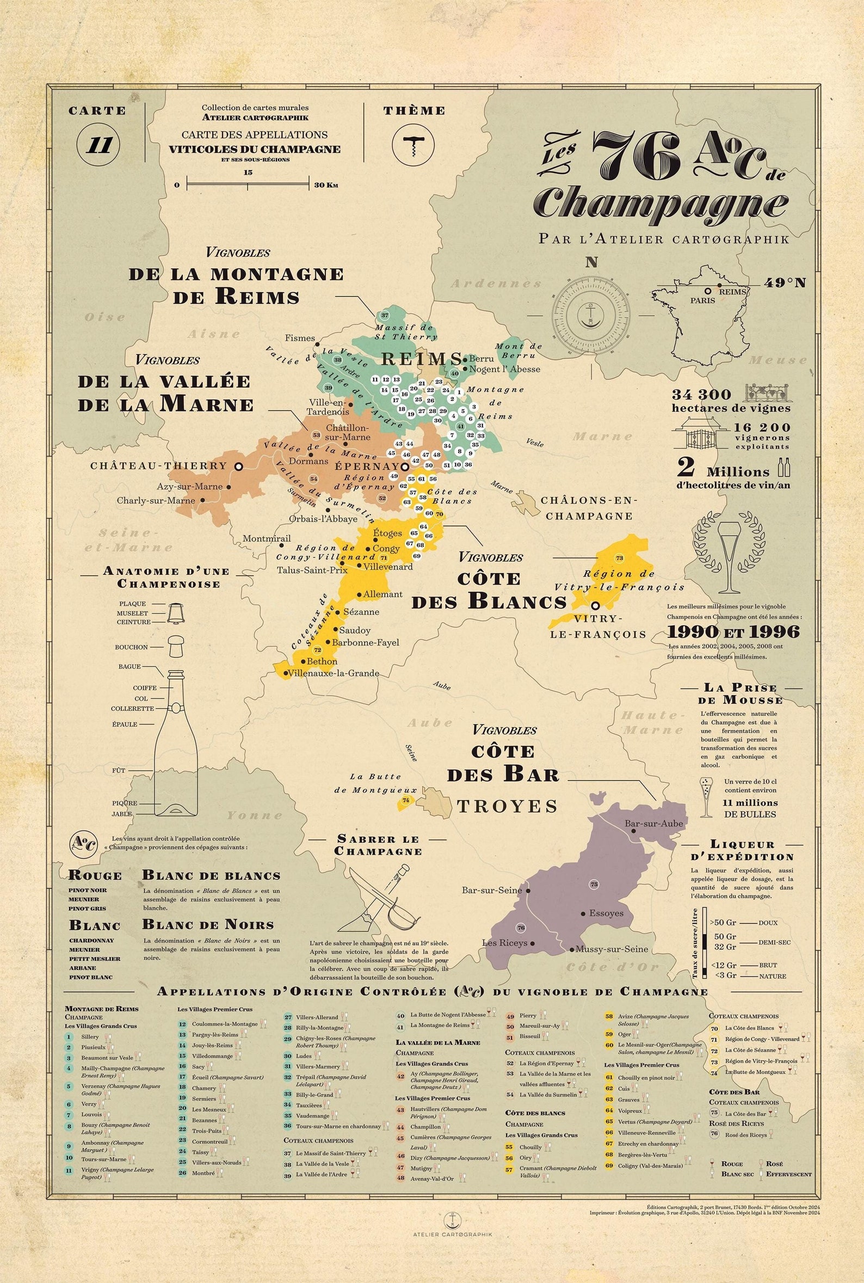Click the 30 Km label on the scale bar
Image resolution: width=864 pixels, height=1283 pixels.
(326, 185)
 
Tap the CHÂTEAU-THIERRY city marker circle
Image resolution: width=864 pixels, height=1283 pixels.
(239, 466)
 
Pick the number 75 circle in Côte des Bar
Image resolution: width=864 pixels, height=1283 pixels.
(594, 885)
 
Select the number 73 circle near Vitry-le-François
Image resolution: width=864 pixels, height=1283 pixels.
(619, 559)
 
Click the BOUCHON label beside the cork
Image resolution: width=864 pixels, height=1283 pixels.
(131, 647)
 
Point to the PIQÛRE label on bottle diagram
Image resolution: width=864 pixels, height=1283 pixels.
(125, 803)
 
